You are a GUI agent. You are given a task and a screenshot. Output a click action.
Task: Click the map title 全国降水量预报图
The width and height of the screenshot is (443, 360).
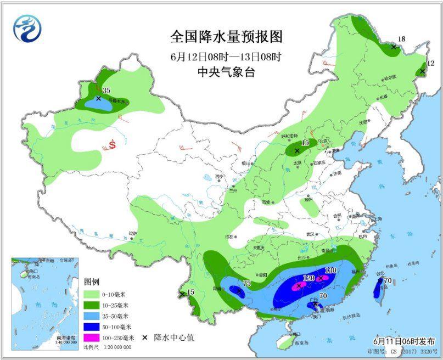coord(226,37)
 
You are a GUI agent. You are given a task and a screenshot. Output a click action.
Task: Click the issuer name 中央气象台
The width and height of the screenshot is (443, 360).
coord(226,71)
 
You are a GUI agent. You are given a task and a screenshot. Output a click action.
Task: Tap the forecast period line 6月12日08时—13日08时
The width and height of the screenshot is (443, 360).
coord(226,55)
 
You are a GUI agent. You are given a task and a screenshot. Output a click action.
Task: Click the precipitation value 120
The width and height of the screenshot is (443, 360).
coord(309,278)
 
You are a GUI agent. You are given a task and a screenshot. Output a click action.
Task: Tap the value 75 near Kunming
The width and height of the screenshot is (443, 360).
coord(246,283)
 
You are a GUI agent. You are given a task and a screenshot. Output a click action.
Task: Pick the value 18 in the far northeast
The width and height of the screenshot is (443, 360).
coord(401,39)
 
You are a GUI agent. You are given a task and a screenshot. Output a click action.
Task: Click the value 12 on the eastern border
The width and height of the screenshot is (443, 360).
coord(430,64)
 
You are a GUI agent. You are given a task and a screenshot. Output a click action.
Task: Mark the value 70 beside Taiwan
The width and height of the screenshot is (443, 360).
coord(388,281)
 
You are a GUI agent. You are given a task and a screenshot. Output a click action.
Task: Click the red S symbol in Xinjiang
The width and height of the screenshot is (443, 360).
coord(112,145)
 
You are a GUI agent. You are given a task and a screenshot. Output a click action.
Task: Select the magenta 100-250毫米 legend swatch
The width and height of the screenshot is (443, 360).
coord(95,337)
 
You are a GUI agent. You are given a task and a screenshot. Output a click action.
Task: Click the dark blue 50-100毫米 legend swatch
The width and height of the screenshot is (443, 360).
coord(95,327)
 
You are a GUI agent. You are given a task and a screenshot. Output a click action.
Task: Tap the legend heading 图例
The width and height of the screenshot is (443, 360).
coord(92,282)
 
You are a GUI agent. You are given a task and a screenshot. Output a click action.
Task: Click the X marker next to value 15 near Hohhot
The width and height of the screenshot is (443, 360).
coord(297,150)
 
